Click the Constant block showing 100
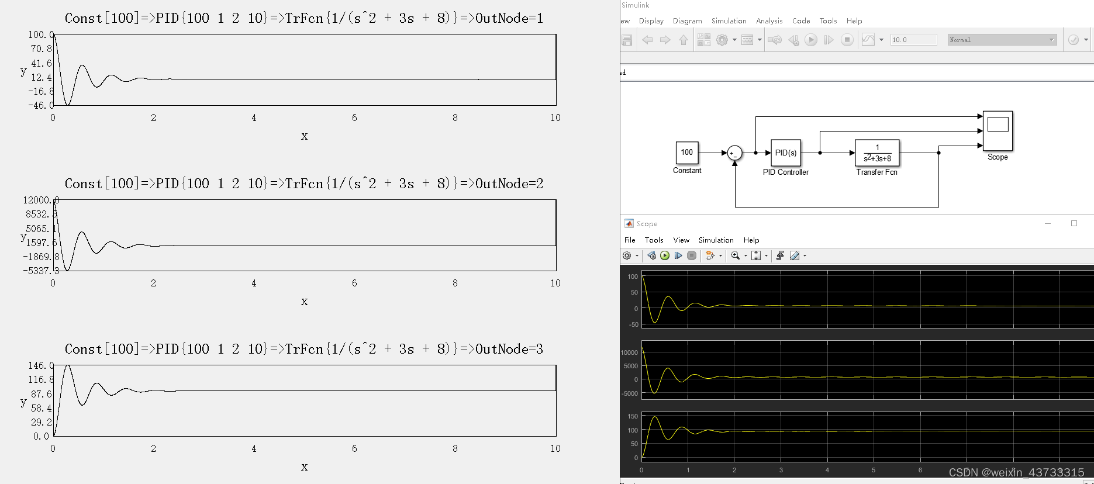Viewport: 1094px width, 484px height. tap(686, 153)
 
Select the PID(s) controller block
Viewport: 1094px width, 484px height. tap(785, 153)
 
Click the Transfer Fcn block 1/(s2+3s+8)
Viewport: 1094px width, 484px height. tap(876, 153)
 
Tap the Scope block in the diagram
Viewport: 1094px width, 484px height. tap(998, 130)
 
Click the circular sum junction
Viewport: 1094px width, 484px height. tap(734, 153)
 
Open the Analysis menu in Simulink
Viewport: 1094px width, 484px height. tap(769, 21)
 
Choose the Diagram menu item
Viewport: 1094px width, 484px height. tap(687, 21)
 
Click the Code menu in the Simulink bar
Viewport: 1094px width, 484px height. tap(801, 21)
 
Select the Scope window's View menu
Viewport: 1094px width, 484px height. tap(681, 240)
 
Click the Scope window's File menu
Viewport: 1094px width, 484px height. tap(630, 240)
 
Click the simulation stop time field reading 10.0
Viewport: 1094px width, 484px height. tap(913, 40)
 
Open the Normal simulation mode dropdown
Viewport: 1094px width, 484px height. tap(1002, 40)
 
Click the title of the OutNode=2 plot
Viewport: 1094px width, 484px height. tap(304, 184)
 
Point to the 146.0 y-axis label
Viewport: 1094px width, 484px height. tap(40, 366)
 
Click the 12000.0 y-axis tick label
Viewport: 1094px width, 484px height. tap(40, 200)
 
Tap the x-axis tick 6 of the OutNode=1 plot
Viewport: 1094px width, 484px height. tap(354, 118)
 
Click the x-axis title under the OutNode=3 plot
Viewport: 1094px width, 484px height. tap(304, 467)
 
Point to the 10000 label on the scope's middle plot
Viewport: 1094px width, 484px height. tap(629, 352)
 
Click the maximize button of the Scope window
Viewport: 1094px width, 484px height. tap(1074, 223)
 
